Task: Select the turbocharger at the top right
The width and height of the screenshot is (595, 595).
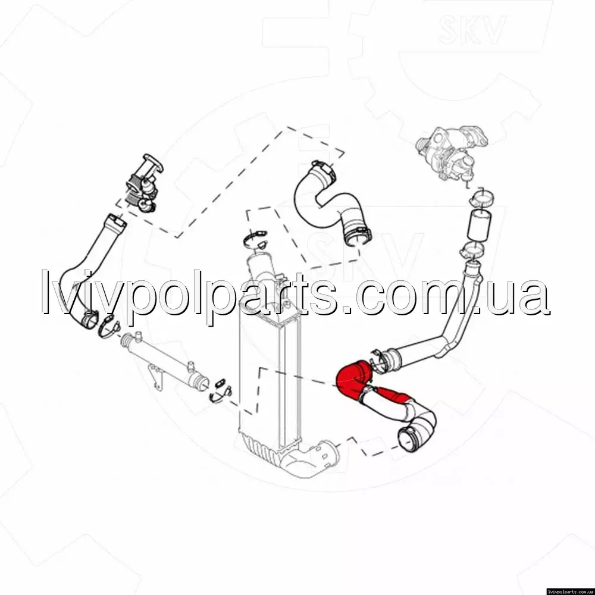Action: click(x=452, y=151)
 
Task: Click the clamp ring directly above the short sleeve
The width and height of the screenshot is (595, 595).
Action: click(x=481, y=198)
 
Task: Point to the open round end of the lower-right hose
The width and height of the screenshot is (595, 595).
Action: click(x=409, y=440)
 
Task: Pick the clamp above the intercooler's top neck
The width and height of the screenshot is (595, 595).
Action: click(x=255, y=239)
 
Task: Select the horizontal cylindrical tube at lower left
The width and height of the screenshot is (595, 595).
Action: click(x=164, y=358)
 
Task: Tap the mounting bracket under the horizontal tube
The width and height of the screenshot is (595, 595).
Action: click(x=156, y=375)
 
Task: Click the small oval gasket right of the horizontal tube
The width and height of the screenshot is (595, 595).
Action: click(x=220, y=384)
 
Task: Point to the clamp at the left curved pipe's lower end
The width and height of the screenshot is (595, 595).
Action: click(x=109, y=325)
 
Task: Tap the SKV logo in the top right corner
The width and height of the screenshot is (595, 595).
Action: click(x=472, y=29)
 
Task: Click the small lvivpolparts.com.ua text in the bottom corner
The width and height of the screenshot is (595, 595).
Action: click(x=569, y=591)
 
